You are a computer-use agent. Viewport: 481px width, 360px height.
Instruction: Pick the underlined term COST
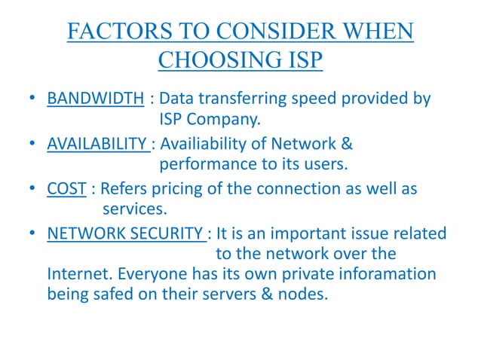[x=66, y=189]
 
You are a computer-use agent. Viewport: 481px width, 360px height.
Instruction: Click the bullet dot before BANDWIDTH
[x=29, y=99]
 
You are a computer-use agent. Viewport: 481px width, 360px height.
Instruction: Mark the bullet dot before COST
[x=29, y=189]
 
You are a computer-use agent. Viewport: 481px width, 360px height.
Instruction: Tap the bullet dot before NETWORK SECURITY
[x=29, y=234]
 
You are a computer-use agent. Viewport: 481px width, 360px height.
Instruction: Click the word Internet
[x=78, y=273]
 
